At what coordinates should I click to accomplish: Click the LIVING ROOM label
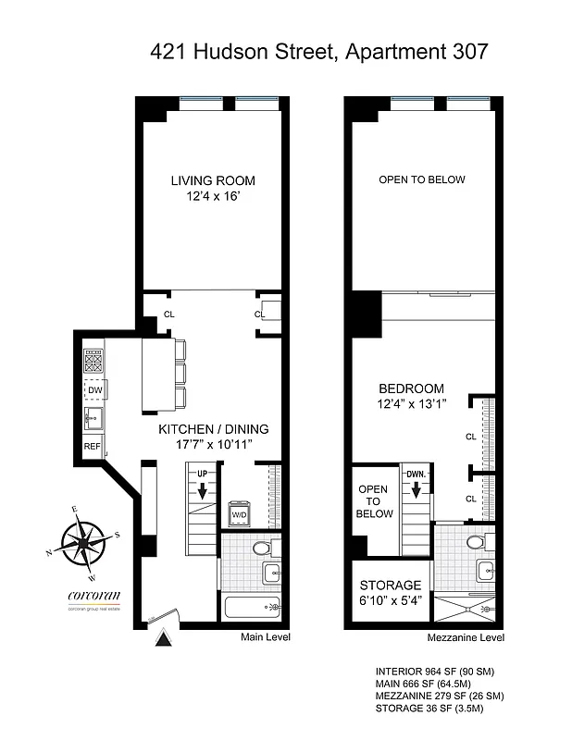click(212, 180)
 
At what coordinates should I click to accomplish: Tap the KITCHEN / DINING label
click(213, 429)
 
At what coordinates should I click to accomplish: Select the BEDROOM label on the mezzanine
click(411, 388)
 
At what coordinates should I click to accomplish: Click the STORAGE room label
click(390, 586)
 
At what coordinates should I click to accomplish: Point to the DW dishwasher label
click(94, 390)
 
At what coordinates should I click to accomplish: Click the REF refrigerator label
click(93, 446)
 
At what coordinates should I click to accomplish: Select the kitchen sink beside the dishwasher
click(93, 418)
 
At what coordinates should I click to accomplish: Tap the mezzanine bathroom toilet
click(476, 542)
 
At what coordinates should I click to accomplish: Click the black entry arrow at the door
click(164, 636)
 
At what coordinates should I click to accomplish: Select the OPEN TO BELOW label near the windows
click(422, 179)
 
